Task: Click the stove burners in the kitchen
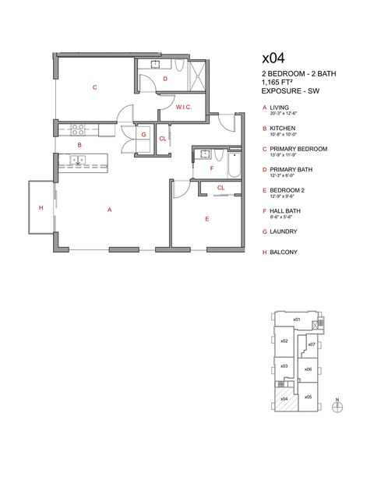[77, 129]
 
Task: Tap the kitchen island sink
[78, 161]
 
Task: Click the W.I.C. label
[184, 107]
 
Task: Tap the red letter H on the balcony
[40, 207]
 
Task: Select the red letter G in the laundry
[144, 135]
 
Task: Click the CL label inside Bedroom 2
[221, 188]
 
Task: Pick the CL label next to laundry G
[163, 139]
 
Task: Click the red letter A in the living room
[110, 210]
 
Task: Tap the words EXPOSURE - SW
[291, 91]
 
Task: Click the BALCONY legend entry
[284, 253]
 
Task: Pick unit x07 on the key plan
[312, 344]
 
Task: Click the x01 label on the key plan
[296, 320]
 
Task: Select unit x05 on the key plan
[308, 397]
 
